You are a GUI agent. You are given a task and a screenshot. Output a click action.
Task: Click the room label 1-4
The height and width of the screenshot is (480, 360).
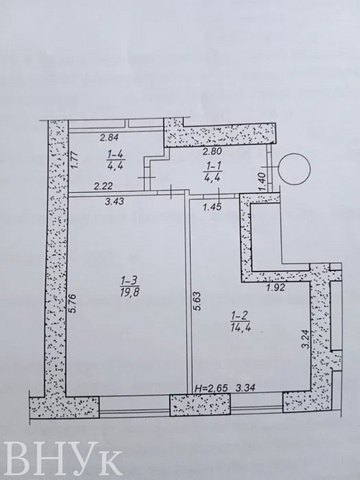click(x=115, y=153)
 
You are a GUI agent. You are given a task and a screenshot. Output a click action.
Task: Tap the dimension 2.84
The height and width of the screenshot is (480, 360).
click(x=108, y=138)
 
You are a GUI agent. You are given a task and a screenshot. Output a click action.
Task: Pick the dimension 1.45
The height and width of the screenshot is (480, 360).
click(x=213, y=208)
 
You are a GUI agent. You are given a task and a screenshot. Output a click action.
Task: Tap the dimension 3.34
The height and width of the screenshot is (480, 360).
click(x=248, y=388)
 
